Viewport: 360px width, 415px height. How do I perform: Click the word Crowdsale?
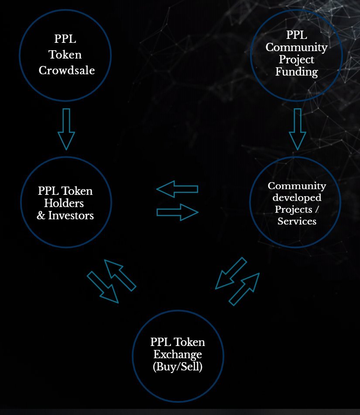[x=67, y=70]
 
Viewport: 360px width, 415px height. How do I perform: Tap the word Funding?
[x=297, y=72]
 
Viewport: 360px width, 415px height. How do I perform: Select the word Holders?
[x=64, y=203]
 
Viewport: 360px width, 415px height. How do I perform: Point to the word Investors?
[x=71, y=215]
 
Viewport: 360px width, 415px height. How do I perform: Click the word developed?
[x=297, y=197]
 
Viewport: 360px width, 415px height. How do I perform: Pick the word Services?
[x=297, y=221]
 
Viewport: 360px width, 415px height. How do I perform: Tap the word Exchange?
[x=178, y=354]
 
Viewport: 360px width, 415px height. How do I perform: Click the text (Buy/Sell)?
[x=178, y=367]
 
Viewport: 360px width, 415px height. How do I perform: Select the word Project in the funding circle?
[x=296, y=60]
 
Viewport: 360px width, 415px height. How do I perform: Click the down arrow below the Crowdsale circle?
[x=66, y=129]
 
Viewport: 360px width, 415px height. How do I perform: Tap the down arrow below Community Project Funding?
[x=297, y=129]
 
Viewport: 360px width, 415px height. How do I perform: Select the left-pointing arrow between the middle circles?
[x=177, y=189]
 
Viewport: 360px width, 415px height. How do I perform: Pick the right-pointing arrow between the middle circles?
[x=177, y=212]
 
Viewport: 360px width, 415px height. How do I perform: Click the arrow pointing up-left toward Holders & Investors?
[x=120, y=275]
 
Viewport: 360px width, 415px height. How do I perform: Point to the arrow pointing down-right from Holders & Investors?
[x=103, y=287]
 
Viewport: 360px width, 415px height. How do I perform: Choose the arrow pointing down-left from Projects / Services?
[x=231, y=273]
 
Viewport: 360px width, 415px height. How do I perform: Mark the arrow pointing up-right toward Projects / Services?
[x=244, y=289]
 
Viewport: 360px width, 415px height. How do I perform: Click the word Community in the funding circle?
[x=297, y=48]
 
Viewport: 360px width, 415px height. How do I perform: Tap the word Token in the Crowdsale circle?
[x=65, y=55]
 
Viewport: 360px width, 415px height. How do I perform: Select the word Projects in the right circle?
[x=293, y=209]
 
